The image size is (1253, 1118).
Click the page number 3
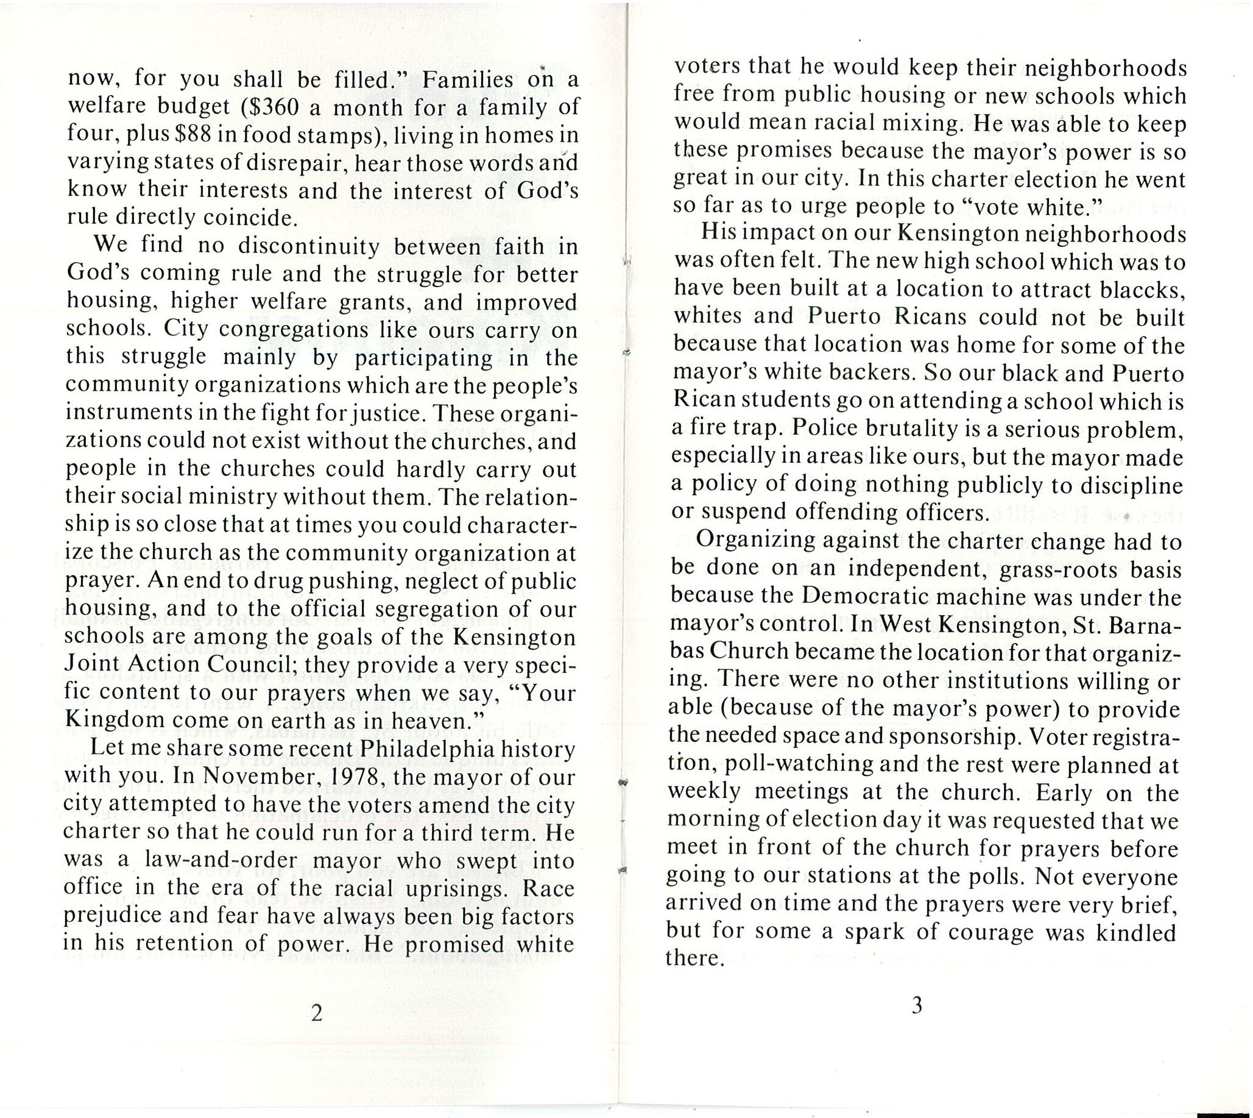tap(917, 1006)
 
